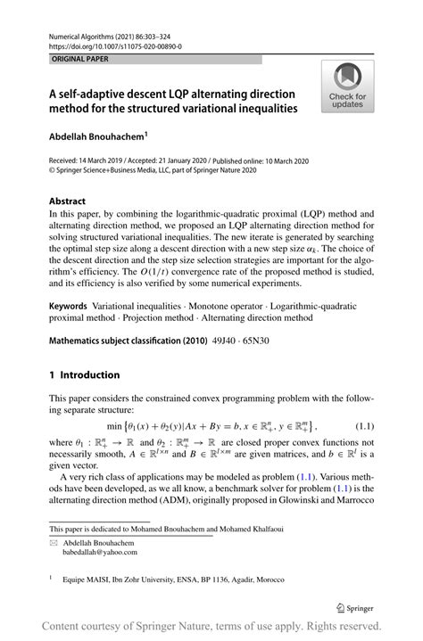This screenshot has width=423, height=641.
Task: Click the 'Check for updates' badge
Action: [347, 87]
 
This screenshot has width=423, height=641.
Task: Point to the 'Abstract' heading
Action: [69, 201]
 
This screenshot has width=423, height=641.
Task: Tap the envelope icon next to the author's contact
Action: [54, 540]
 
